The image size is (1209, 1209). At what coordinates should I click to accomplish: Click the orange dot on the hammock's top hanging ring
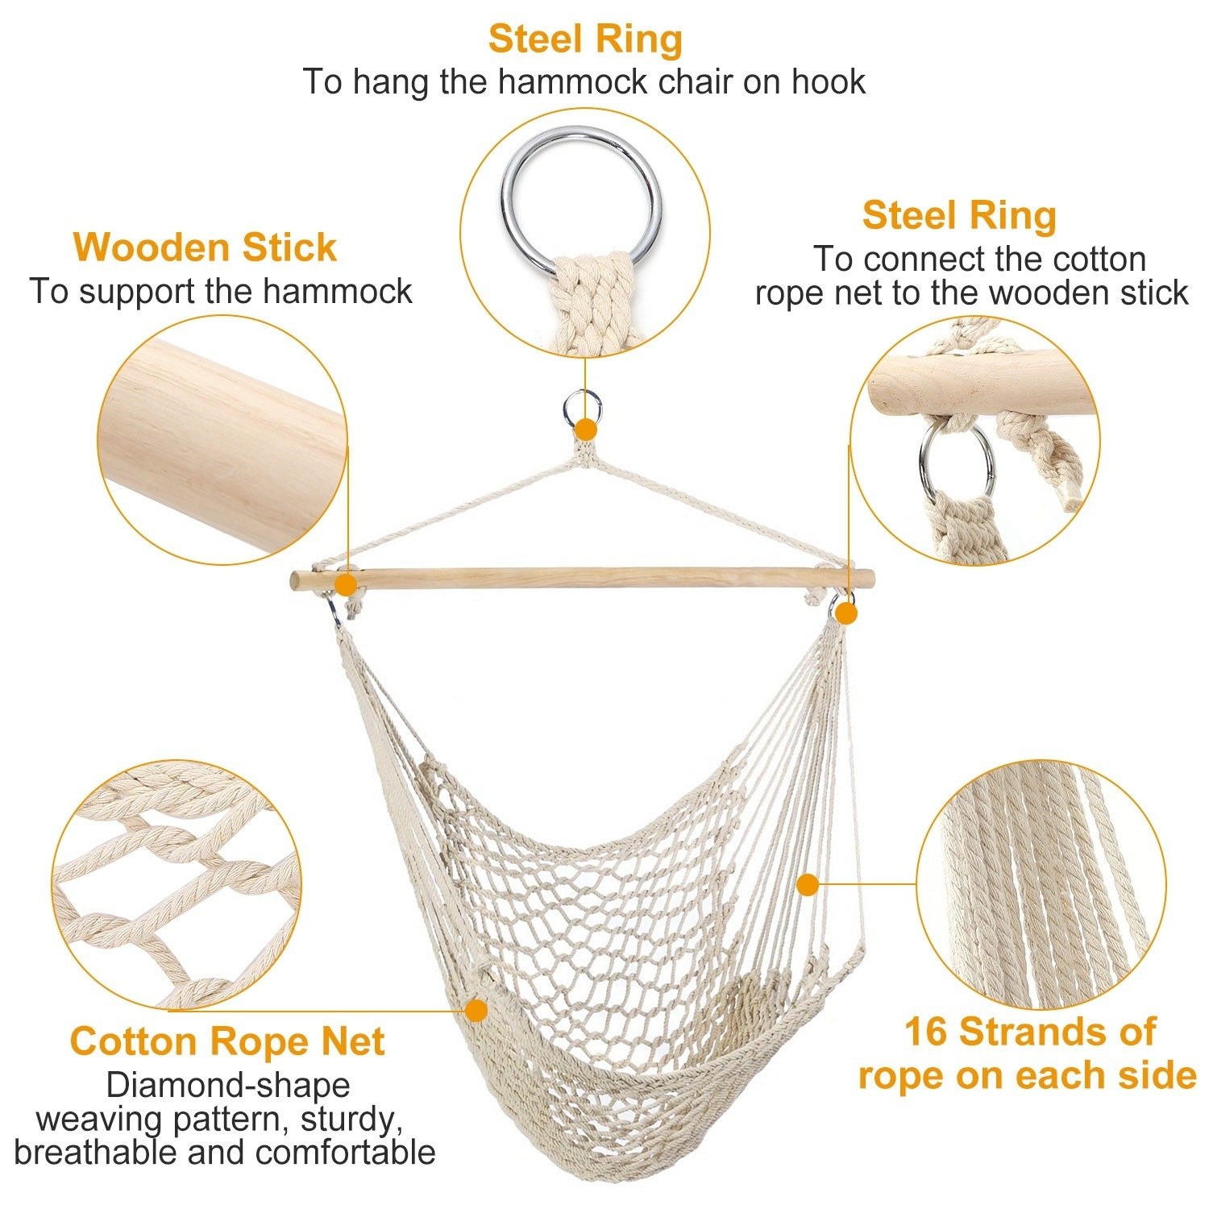tap(586, 427)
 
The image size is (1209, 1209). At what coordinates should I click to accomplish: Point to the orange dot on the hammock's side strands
tap(808, 885)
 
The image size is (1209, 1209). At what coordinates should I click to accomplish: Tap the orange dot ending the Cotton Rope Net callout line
tap(476, 1009)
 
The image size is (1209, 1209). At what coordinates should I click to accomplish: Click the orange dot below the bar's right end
tap(845, 614)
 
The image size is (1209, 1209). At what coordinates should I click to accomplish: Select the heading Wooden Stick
tap(205, 247)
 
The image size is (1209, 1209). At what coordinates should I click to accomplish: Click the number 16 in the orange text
tap(925, 1032)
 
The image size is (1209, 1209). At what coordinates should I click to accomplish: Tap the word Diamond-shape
tap(228, 1086)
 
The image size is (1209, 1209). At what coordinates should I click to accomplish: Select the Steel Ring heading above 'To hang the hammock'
tap(585, 39)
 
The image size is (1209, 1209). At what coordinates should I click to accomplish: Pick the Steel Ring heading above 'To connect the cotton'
tap(959, 216)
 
